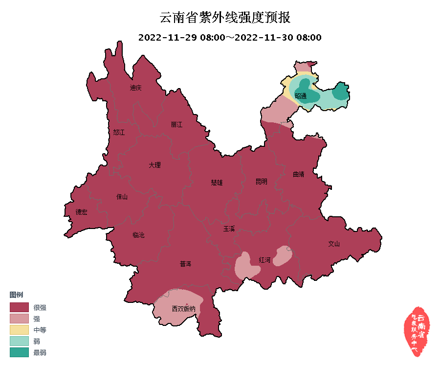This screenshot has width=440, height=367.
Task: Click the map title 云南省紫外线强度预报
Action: coord(225,18)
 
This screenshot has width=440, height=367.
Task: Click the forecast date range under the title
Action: coord(230,38)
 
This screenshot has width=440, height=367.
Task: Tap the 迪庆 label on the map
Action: coord(135,88)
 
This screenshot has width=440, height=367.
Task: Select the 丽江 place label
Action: coord(176,125)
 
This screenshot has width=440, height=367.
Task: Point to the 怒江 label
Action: coord(119,133)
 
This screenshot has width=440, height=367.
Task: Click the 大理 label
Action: coord(154,165)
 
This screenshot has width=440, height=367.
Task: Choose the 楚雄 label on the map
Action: coord(217,183)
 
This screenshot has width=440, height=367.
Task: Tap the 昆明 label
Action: coord(262,182)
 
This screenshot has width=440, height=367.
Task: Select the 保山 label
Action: coord(122,197)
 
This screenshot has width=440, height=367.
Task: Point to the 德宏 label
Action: coord(81,212)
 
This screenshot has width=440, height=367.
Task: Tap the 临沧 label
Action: coord(138,235)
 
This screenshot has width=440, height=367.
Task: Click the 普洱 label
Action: coord(185,264)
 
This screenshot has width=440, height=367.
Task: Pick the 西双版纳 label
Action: coord(183,309)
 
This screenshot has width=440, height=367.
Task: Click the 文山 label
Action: coord(333,243)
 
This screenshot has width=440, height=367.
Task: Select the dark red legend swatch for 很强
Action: coord(19,307)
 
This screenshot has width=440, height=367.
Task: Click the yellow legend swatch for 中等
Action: coord(19,330)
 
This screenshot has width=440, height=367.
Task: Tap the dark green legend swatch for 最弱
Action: coord(19,352)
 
